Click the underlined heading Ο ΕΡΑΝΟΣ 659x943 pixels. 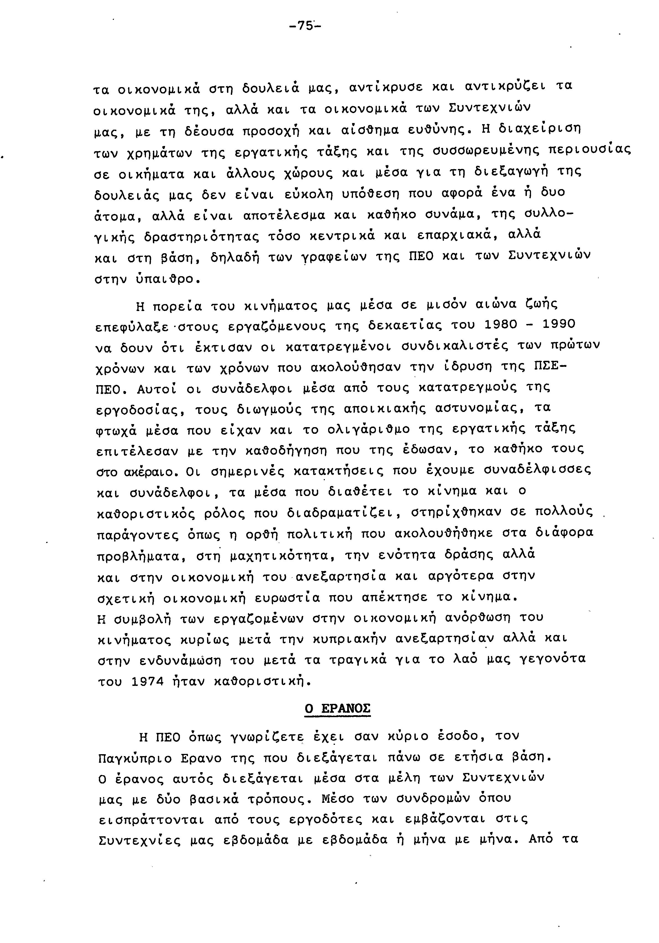point(338,709)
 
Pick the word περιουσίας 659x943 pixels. point(589,150)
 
